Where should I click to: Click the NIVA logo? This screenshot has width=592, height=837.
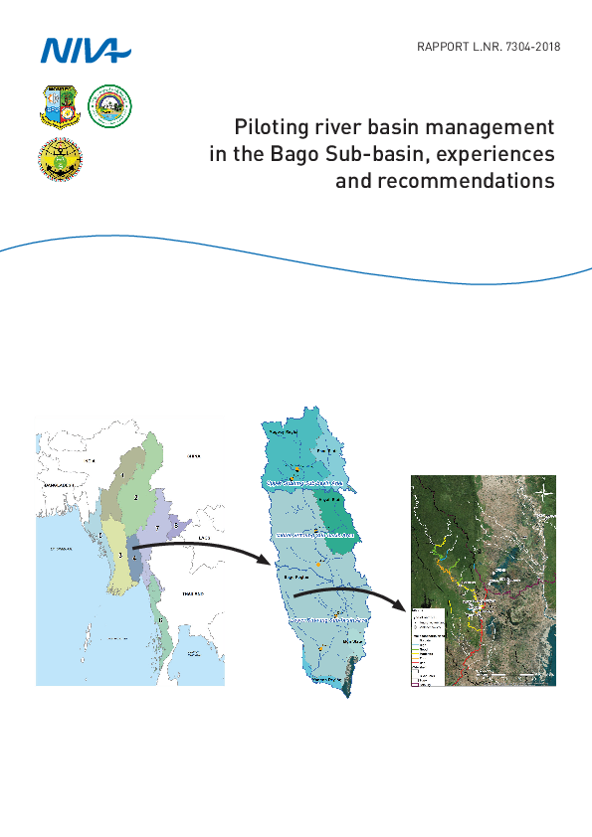pos(84,49)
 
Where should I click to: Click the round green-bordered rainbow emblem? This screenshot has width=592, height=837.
pos(109,105)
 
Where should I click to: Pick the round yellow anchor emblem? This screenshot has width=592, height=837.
pos(59,160)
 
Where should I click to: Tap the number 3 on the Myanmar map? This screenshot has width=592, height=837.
pos(119,555)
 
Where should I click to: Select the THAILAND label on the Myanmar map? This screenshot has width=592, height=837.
pos(191,593)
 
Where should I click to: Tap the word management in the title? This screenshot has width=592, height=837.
pos(493,128)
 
